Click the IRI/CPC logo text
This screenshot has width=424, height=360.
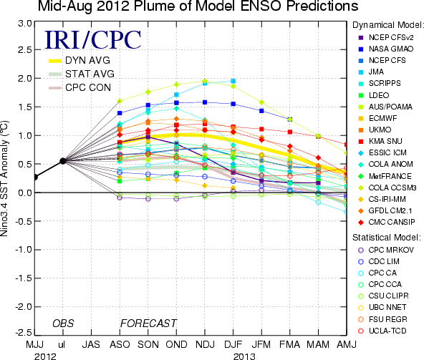pyautogui.click(x=92, y=40)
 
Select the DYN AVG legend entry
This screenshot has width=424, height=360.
pyautogui.click(x=79, y=60)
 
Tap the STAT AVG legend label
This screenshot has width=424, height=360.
pyautogui.click(x=90, y=74)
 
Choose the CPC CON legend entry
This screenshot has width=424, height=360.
pyautogui.click(x=79, y=87)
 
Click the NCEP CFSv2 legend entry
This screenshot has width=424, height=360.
pyautogui.click(x=386, y=37)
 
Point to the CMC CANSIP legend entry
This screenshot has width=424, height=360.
pyautogui.click(x=387, y=222)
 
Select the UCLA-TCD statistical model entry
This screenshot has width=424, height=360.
pyautogui.click(x=382, y=331)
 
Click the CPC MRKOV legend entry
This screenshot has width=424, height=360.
pyautogui.click(x=386, y=250)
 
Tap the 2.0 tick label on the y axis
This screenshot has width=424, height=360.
pyautogui.click(x=24, y=79)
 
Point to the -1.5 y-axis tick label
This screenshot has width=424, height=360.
pyautogui.click(x=23, y=278)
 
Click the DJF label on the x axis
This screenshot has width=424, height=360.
pyautogui.click(x=233, y=344)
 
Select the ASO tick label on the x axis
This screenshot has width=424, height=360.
pyautogui.click(x=120, y=344)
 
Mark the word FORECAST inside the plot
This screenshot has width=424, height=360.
pyautogui.click(x=148, y=323)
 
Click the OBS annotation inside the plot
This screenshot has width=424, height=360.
pyautogui.click(x=63, y=323)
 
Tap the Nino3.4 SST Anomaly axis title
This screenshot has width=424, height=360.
pyautogui.click(x=4, y=178)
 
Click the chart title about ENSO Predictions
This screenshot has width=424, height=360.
pyautogui.click(x=198, y=6)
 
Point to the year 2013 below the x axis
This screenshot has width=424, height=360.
pyautogui.click(x=244, y=356)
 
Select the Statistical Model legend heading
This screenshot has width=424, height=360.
pyautogui.click(x=387, y=238)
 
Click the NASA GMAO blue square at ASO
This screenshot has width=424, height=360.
pyautogui.click(x=120, y=113)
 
